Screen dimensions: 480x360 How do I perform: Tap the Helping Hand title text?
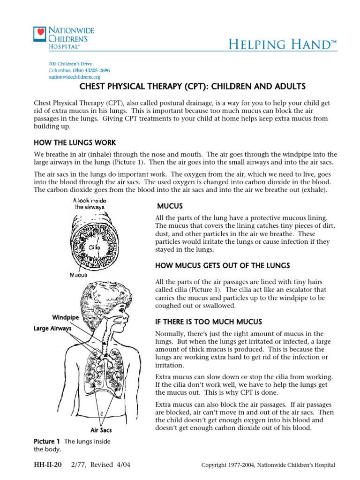(283, 45)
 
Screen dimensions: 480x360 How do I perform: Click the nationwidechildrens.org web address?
(74, 76)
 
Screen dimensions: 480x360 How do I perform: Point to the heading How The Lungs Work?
(75, 142)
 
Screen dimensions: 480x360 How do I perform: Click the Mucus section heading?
(170, 206)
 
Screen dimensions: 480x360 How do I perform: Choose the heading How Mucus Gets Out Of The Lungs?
(222, 266)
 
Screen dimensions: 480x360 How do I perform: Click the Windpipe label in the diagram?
(65, 318)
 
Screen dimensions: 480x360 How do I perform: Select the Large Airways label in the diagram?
(52, 329)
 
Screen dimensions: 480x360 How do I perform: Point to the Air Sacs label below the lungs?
(101, 429)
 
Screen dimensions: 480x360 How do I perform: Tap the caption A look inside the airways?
(90, 203)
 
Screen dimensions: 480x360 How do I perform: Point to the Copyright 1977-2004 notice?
(268, 465)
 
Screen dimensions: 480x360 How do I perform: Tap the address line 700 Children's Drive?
(70, 63)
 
